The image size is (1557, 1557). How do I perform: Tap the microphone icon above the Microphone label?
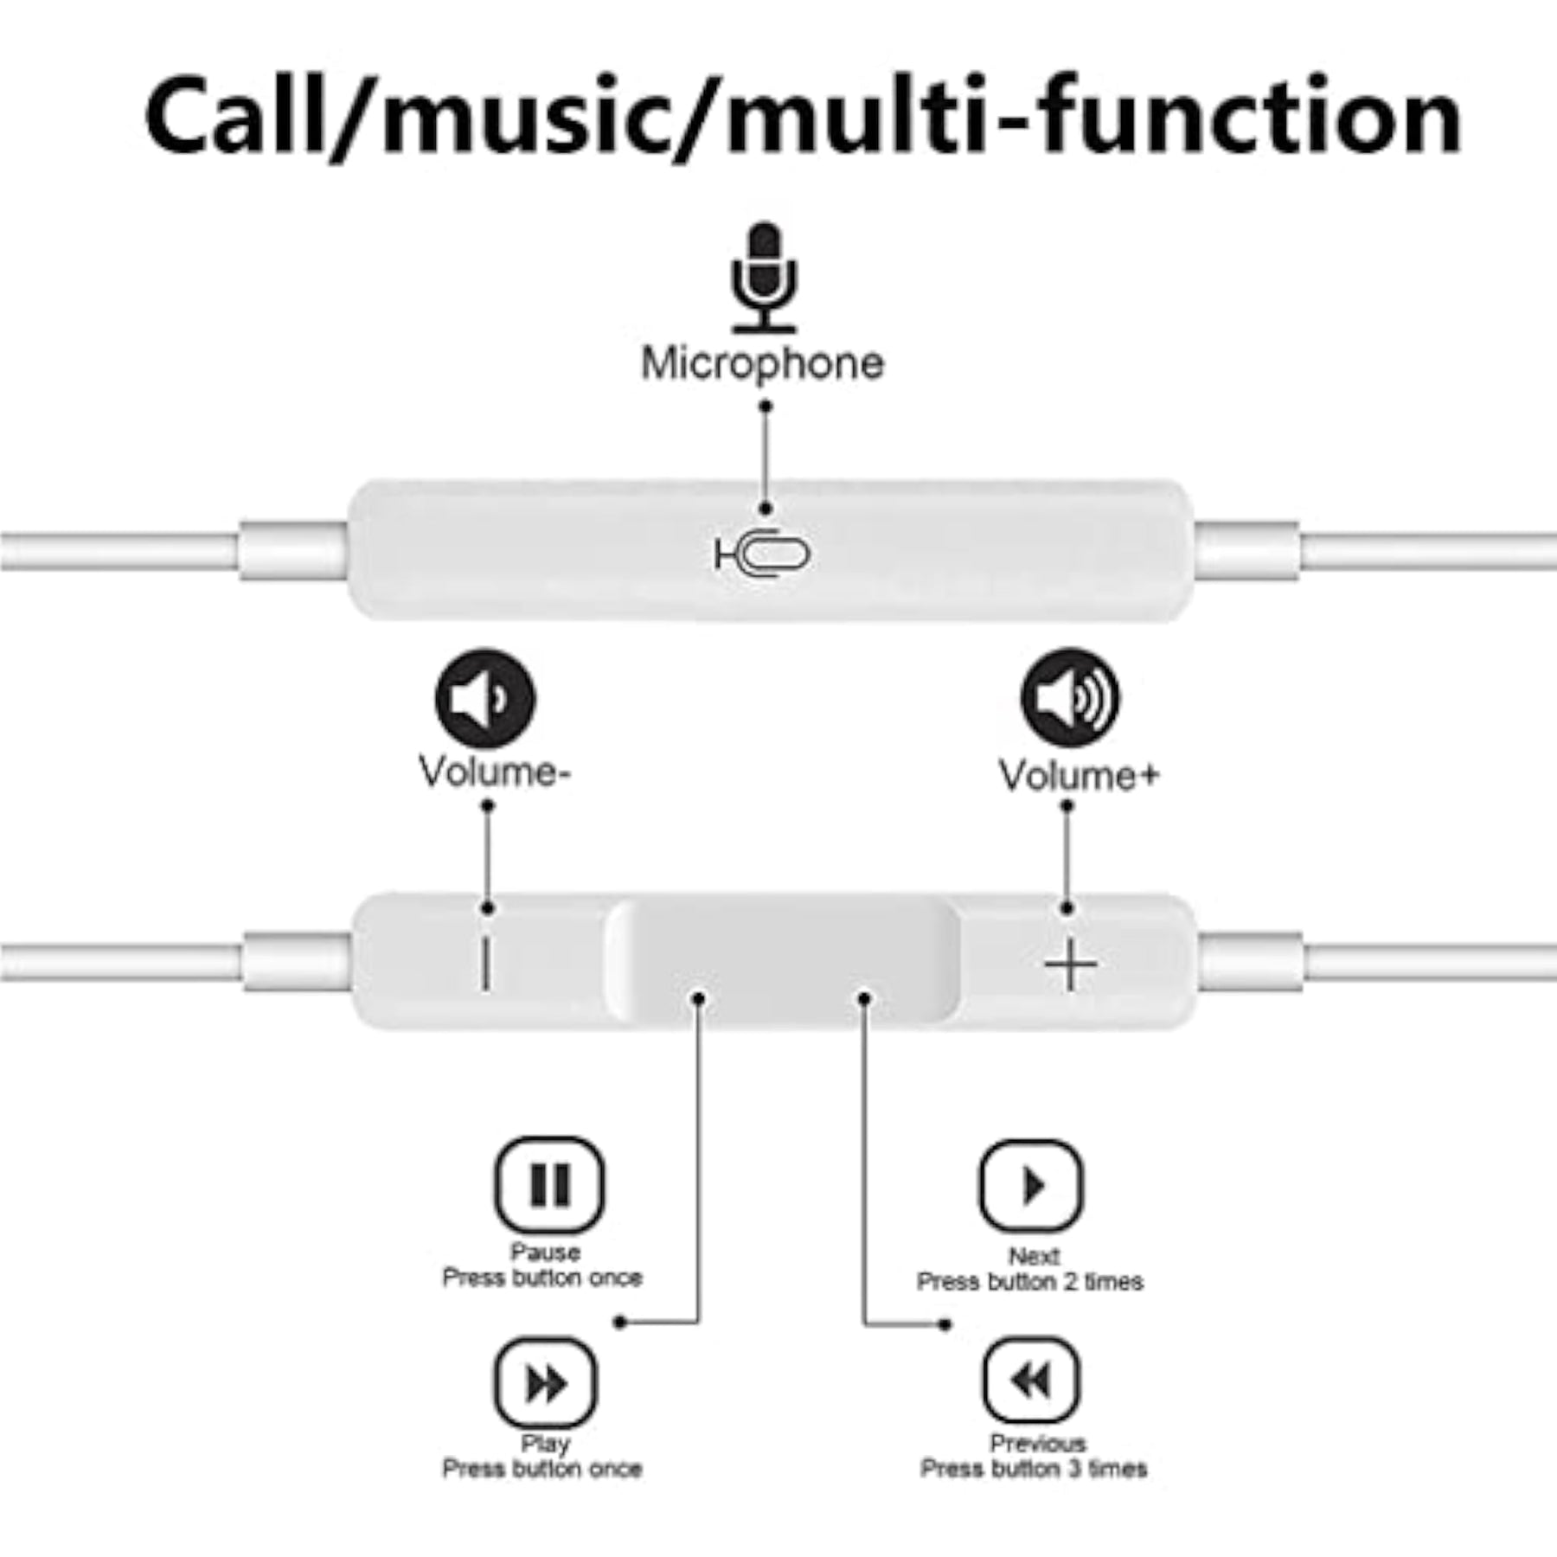coord(764,278)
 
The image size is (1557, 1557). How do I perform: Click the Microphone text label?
coord(762,363)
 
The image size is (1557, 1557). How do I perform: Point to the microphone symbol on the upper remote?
coord(762,554)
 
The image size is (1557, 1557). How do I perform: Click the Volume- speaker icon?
coord(484,698)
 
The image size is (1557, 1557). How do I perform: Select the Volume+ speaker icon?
coord(1070,697)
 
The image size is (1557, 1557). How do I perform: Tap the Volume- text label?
coord(494,771)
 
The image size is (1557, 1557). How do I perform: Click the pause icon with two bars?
coord(549,1184)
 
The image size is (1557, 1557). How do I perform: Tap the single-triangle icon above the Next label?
coord(1030,1185)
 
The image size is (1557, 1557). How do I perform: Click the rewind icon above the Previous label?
coord(1031,1380)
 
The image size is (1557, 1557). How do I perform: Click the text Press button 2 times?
coord(1030,1281)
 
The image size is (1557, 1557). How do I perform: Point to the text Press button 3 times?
coord(1034,1468)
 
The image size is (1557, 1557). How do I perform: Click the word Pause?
coord(545,1252)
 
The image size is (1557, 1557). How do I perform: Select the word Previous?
coord(1037,1443)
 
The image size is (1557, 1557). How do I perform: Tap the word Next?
coord(1034,1255)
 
